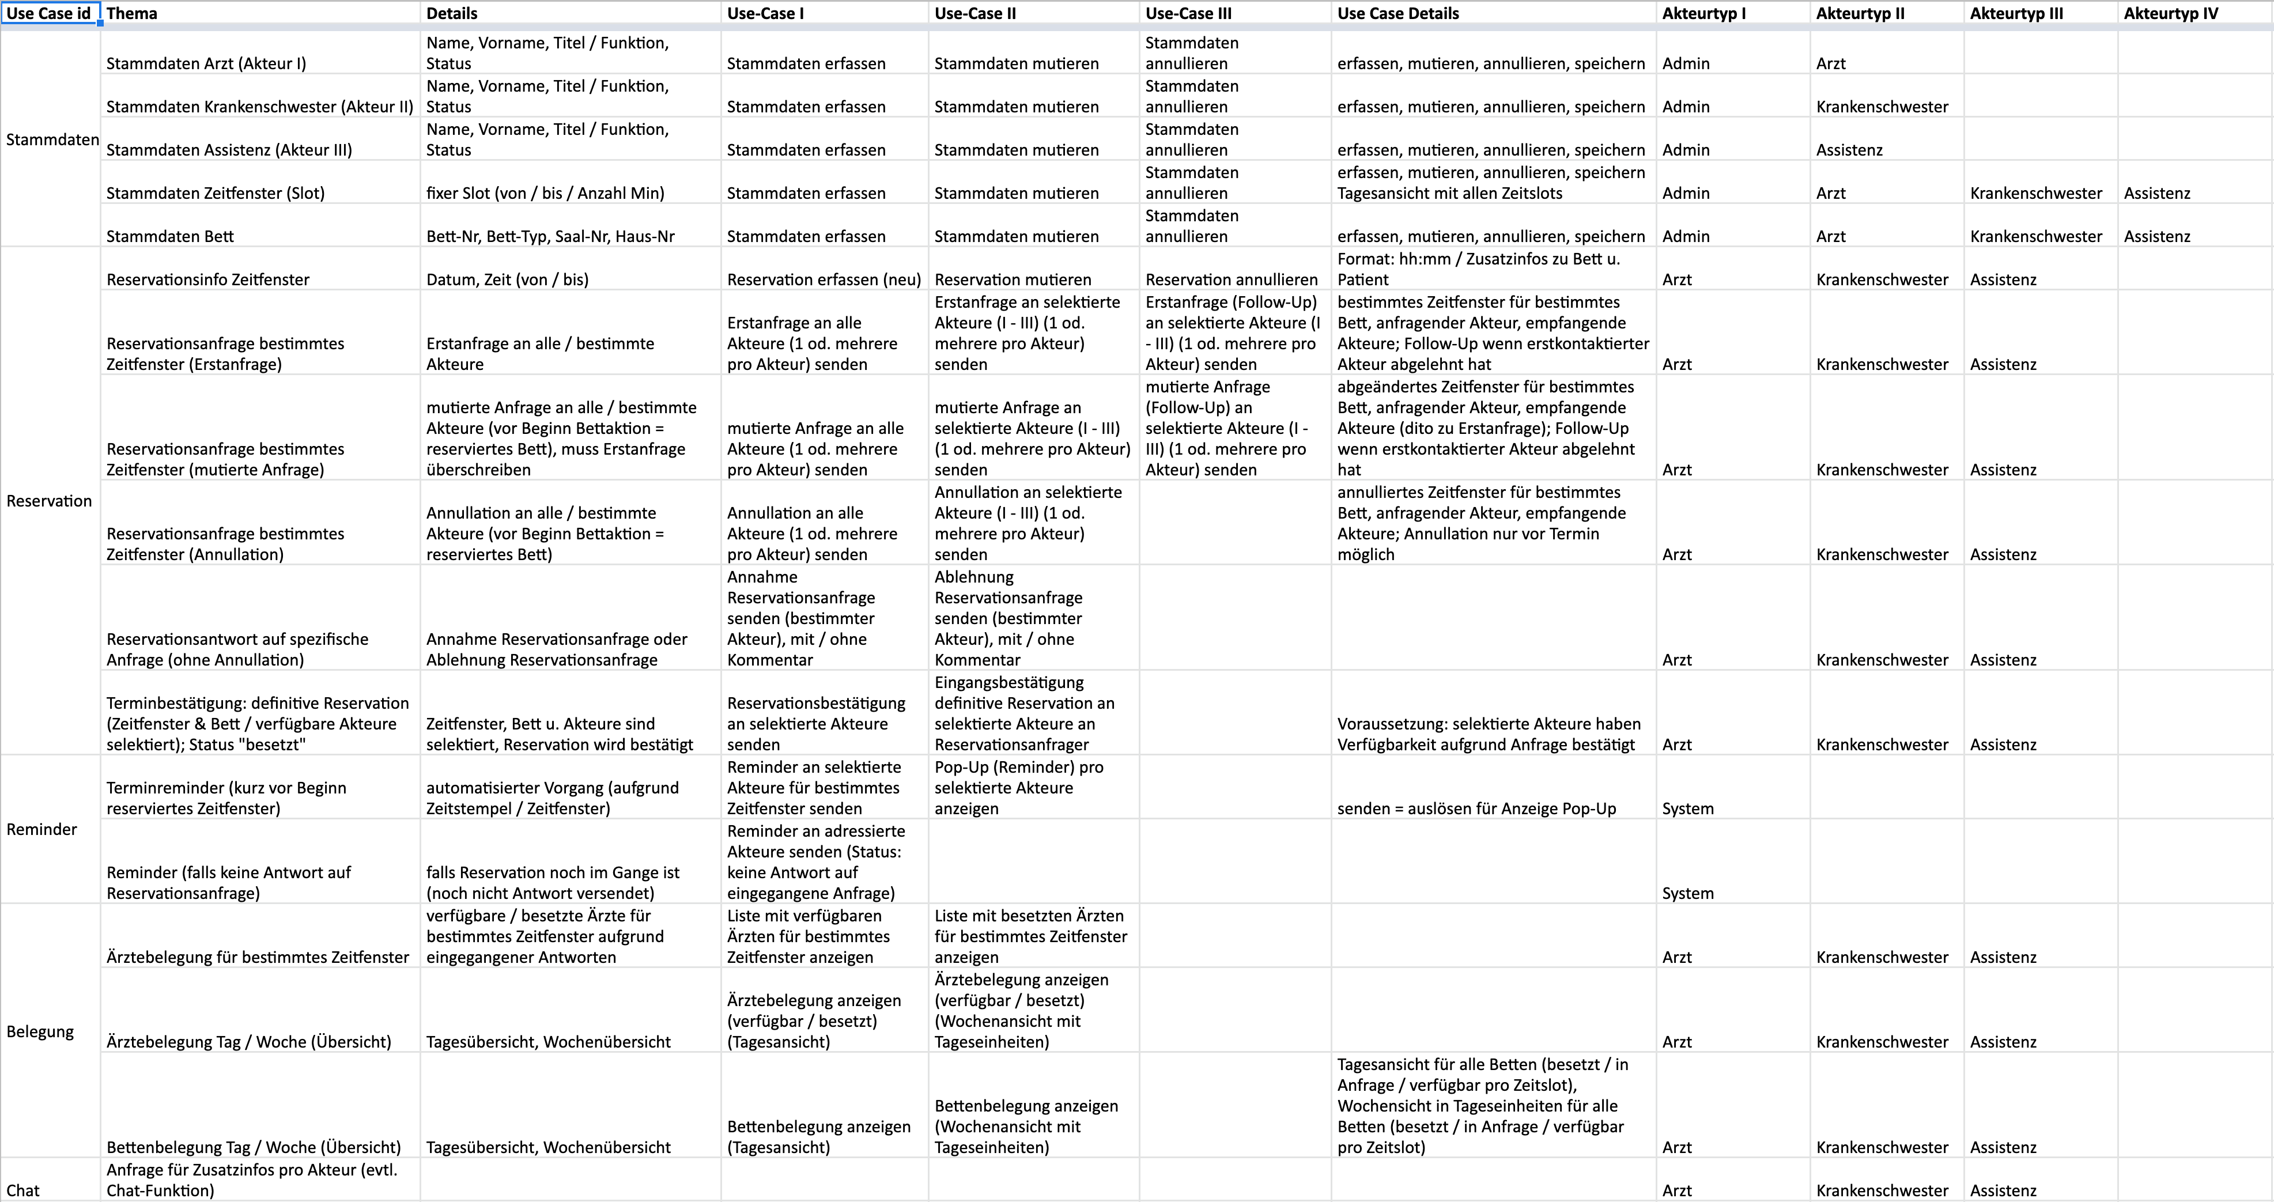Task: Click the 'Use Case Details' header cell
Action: pos(1397,13)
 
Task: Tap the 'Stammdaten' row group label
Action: pos(52,139)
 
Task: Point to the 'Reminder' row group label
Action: pos(41,829)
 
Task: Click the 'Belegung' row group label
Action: pos(40,1031)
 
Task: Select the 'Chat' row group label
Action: pos(23,1190)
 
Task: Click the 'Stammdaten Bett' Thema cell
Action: pos(171,236)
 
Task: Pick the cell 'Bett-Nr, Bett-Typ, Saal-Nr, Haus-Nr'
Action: pos(550,236)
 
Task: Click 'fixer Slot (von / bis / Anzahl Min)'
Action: pos(545,192)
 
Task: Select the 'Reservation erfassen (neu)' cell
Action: pos(824,279)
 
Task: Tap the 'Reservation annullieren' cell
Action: pos(1232,279)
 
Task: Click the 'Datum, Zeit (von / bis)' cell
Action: pos(507,279)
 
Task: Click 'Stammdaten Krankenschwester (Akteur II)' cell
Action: pos(259,106)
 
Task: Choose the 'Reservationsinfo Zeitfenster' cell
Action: pos(207,279)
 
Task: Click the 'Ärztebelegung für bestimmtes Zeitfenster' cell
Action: pos(258,957)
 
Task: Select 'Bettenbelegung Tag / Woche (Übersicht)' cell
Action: pos(254,1147)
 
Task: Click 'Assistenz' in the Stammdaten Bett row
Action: pos(2156,236)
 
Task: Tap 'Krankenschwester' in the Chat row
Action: pos(1882,1190)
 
